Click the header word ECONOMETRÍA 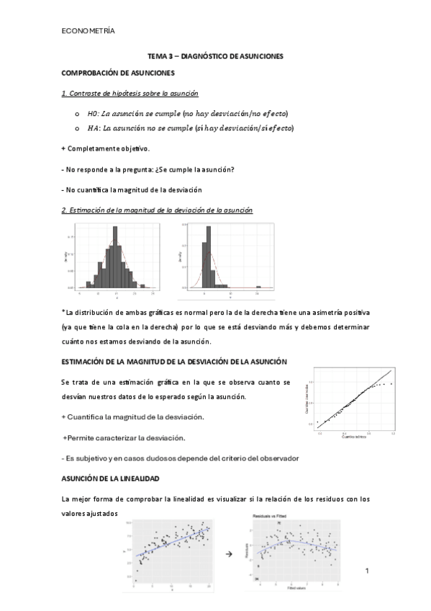(88, 30)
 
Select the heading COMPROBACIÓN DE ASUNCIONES (118, 73)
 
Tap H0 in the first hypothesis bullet (91, 113)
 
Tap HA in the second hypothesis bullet (91, 128)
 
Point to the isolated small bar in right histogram (258, 287)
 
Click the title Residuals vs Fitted (270, 517)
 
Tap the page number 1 (367, 572)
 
